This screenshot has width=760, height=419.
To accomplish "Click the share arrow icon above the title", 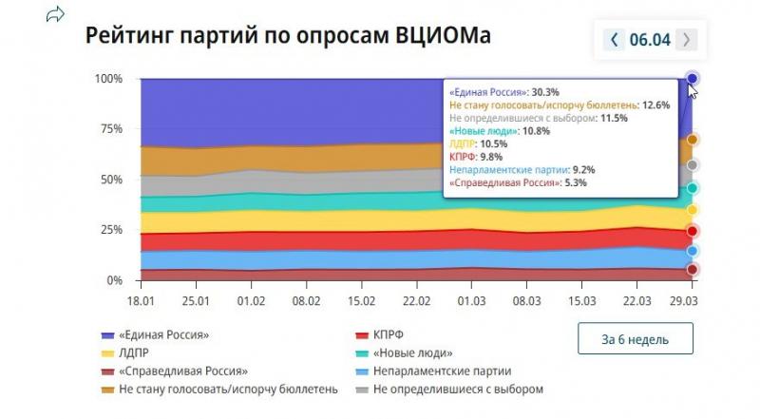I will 56,14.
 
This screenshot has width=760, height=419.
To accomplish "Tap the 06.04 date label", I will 650,39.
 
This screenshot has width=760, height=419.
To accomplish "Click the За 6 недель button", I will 635,338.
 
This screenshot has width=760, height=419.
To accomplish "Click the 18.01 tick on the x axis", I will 140,299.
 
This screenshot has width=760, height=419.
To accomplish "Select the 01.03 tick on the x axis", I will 471,299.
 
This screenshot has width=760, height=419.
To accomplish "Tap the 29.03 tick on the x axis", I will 692,299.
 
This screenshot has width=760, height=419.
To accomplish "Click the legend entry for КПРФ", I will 385,334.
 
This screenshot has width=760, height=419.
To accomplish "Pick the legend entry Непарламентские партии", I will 443,371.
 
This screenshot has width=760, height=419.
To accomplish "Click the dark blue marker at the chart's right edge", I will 693,78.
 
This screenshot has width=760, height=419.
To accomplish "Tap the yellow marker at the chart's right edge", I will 693,210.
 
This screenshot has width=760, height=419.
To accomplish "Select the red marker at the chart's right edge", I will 693,231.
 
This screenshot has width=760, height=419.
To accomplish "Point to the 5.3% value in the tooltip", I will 577,183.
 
